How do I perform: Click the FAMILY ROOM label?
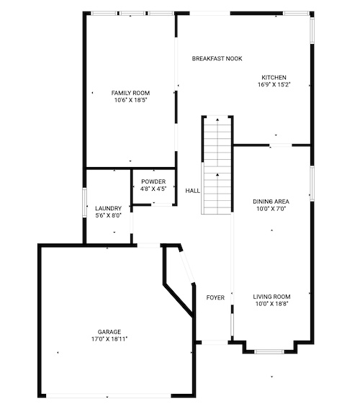130,93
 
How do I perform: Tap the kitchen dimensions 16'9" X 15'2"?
274,84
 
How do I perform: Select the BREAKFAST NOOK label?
217,58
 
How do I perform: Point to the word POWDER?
153,181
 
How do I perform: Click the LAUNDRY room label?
108,208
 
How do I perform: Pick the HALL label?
192,191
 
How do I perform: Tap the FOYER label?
215,297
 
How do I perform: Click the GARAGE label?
109,332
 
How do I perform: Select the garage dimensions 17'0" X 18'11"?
109,339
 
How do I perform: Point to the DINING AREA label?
271,202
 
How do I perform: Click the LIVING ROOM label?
271,297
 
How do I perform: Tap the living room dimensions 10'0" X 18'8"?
271,304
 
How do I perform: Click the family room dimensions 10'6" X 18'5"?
130,100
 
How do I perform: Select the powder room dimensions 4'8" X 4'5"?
153,189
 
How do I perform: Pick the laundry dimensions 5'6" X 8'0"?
108,215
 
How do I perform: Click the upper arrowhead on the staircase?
217,120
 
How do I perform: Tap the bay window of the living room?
269,351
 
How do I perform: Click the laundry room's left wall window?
84,202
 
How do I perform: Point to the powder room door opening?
162,204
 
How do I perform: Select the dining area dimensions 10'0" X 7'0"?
271,209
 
